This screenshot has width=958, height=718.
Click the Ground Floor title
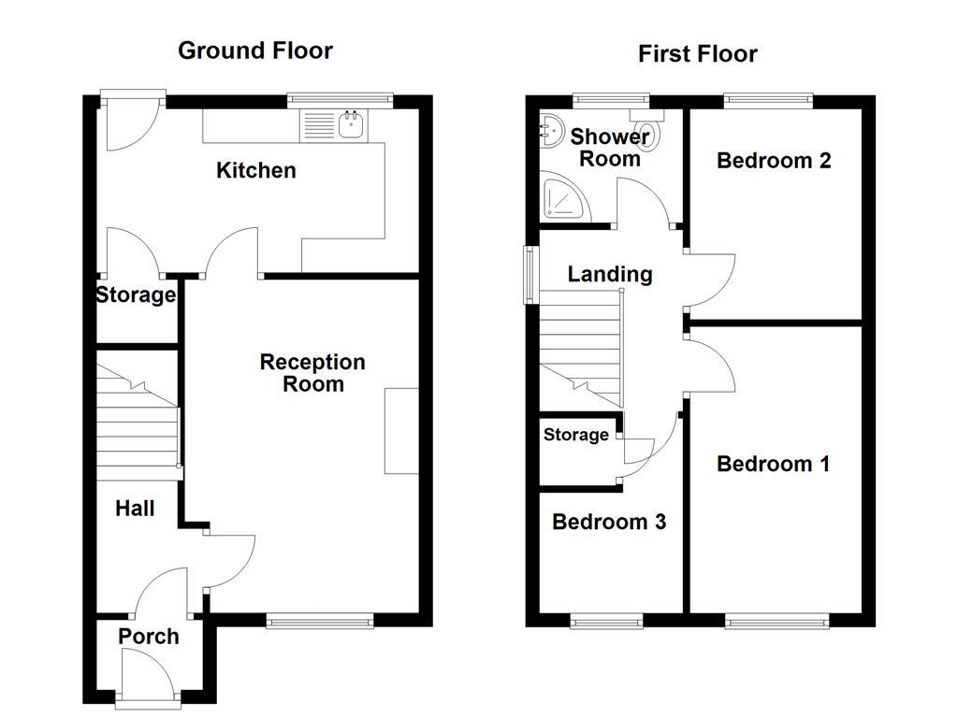[254, 50]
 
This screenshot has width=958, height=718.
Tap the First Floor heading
[697, 54]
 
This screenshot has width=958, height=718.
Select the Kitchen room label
[255, 170]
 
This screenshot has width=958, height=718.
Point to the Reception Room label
[312, 373]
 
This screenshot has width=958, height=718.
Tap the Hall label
[135, 509]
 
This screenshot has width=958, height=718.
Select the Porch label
[148, 637]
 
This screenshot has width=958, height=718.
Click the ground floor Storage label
[136, 295]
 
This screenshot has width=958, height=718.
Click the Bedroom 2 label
[774, 161]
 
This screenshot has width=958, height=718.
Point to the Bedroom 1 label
[773, 464]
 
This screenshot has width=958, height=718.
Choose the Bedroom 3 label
[609, 522]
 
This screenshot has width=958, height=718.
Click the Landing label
[610, 274]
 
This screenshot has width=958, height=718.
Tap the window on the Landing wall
[530, 274]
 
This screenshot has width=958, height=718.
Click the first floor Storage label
[575, 435]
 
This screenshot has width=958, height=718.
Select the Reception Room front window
[321, 620]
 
